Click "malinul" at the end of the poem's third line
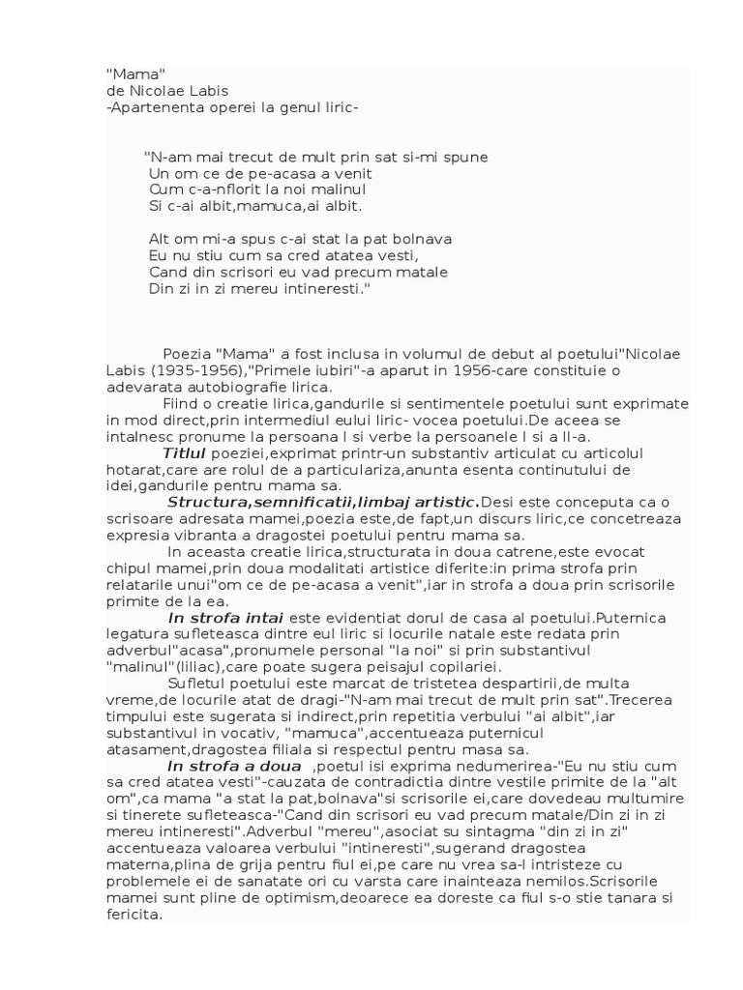coord(338,189)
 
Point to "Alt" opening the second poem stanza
coord(161,239)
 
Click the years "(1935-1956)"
coord(196,370)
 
